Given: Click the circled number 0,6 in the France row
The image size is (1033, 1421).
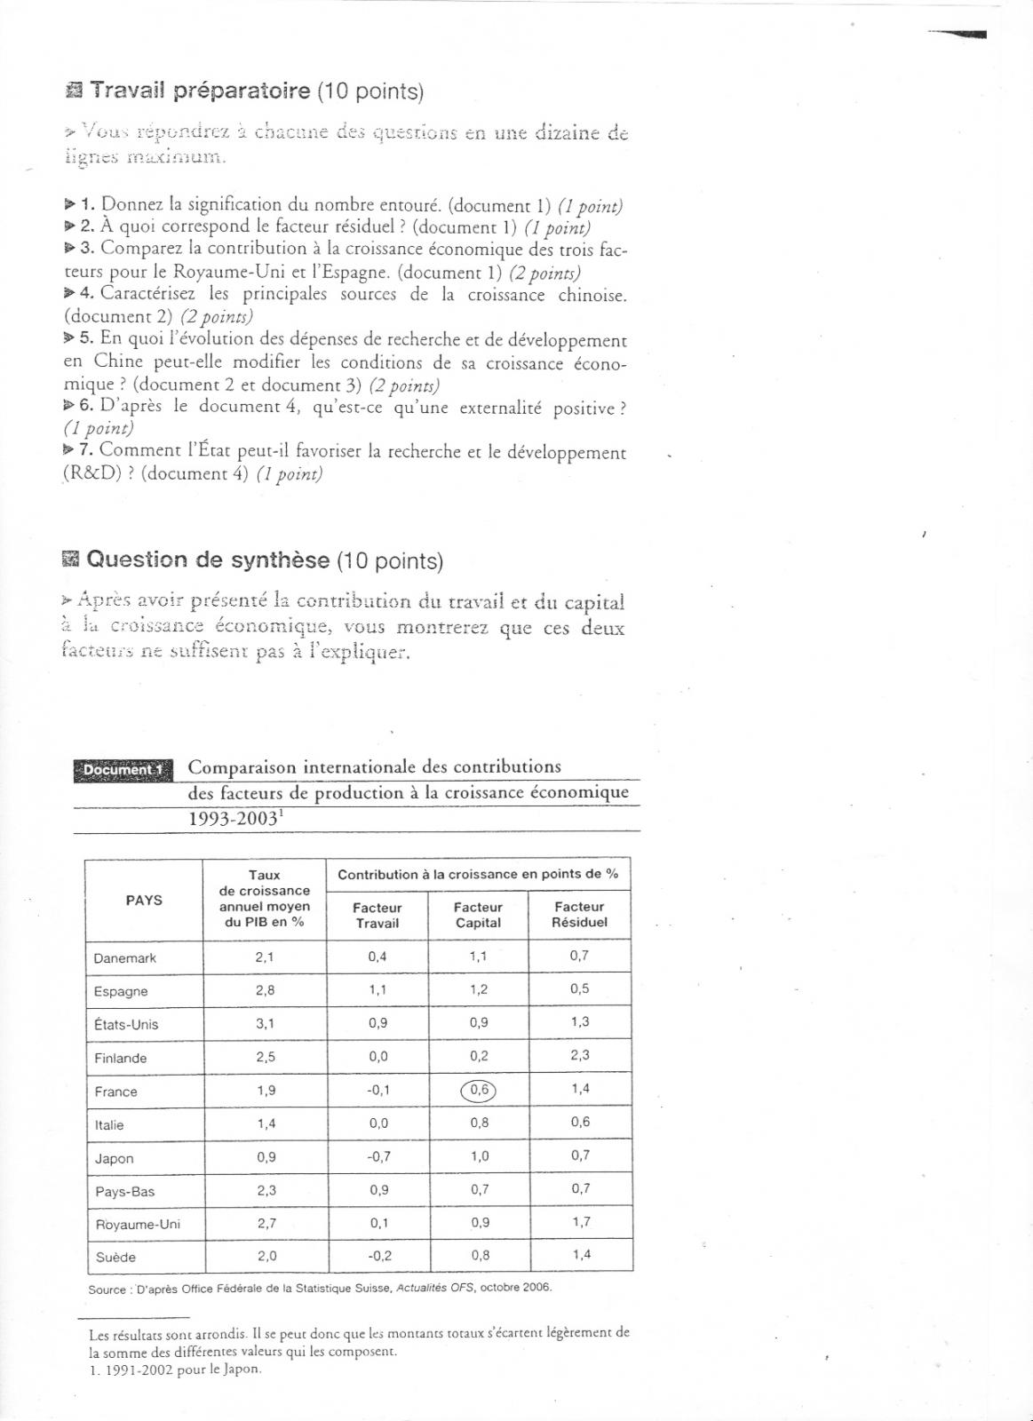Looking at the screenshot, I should [478, 1090].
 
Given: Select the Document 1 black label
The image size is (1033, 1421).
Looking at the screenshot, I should [123, 770].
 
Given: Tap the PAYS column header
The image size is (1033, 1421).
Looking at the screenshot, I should [144, 900].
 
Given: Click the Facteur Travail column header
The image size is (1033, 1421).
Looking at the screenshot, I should [377, 915].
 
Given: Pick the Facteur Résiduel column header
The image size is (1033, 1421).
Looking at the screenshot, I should [579, 914].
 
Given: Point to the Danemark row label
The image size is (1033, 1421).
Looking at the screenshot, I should [125, 957].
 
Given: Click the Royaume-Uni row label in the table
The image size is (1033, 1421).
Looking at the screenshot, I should [138, 1224].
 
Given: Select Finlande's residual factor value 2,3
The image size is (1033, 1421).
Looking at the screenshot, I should [580, 1055].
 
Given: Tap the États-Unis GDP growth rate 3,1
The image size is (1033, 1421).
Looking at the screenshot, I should [265, 1023].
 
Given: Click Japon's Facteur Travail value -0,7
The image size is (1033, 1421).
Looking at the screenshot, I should [378, 1156].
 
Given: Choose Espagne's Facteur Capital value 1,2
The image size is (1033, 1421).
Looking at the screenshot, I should [479, 989].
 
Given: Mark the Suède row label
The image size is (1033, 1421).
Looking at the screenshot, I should [115, 1257].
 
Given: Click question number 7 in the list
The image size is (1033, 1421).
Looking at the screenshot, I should [85, 450].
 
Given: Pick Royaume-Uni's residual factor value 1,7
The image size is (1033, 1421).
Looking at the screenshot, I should [581, 1222].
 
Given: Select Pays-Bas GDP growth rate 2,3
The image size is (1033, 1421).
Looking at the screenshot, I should [266, 1190].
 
